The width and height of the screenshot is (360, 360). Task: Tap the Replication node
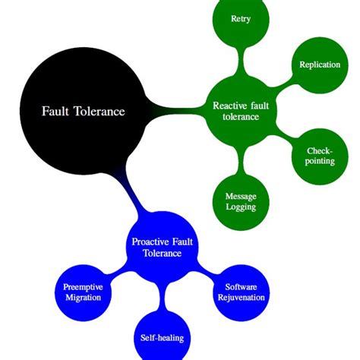pyautogui.click(x=319, y=66)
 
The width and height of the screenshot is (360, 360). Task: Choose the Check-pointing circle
pyautogui.click(x=319, y=156)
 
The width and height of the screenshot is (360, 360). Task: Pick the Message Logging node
pyautogui.click(x=241, y=201)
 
